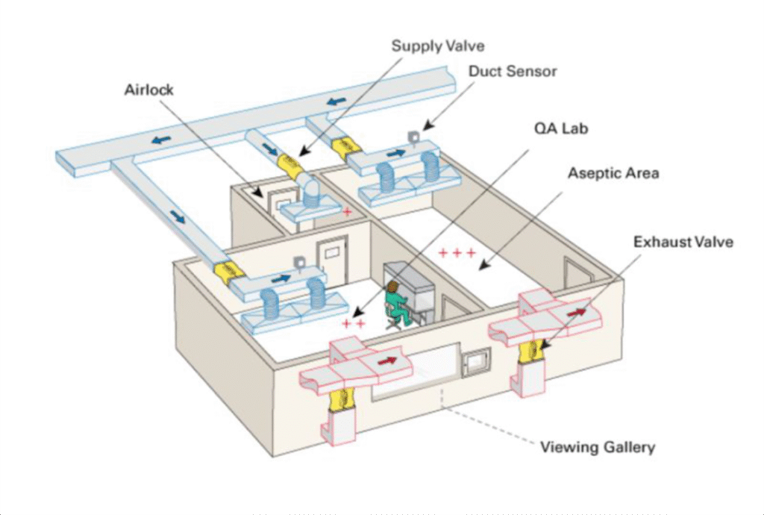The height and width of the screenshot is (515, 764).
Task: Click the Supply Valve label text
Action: (438, 46)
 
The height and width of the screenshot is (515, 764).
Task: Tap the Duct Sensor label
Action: (513, 72)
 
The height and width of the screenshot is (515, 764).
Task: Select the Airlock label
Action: (148, 90)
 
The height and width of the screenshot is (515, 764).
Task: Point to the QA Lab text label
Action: (560, 128)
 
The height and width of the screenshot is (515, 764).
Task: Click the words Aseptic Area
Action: (613, 173)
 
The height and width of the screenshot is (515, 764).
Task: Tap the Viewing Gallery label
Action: (597, 447)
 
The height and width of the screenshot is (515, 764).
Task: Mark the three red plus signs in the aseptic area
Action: (456, 253)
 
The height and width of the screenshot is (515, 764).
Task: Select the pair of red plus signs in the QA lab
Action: (354, 323)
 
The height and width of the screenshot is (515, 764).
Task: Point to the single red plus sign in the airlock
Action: (347, 212)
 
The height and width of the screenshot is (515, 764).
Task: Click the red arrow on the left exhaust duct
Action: (386, 361)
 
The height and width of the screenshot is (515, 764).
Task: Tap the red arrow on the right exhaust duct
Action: (576, 315)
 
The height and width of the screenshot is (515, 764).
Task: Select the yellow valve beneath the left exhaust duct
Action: (340, 399)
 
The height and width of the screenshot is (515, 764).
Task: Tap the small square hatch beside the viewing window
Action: (472, 363)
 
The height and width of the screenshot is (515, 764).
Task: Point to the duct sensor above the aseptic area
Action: (413, 137)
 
